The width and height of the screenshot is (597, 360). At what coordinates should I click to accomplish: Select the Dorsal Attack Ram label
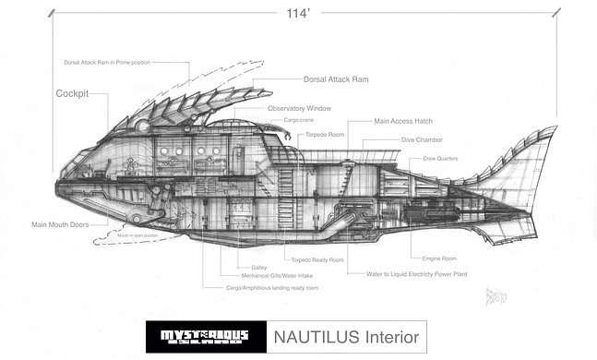336,80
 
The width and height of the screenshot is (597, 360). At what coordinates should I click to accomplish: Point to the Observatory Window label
299,108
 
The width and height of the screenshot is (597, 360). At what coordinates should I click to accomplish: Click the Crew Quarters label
442,158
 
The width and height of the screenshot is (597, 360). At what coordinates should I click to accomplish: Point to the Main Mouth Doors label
66,223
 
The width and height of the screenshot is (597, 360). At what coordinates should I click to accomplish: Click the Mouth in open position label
137,236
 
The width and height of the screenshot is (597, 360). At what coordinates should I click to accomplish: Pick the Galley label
259,267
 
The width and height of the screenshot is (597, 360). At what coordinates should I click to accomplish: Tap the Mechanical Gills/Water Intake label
267,276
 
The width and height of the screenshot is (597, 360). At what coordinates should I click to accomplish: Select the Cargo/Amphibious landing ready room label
272,287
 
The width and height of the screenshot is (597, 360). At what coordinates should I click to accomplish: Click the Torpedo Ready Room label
316,259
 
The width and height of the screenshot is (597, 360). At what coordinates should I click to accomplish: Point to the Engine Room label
439,258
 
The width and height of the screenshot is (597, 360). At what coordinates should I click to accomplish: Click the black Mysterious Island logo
205,336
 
